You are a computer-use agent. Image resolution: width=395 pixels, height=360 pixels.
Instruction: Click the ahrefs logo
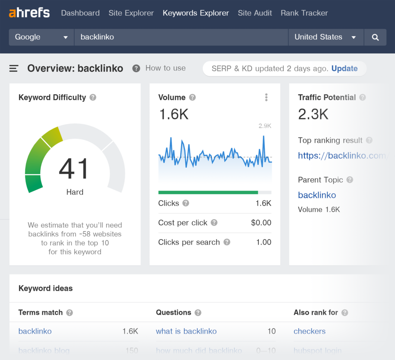coord(29,13)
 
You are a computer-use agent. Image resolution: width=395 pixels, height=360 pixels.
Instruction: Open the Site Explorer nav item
coord(131,13)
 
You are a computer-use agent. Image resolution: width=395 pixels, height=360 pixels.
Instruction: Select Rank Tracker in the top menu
coord(304,13)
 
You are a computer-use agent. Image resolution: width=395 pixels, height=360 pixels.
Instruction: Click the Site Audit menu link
coord(255,13)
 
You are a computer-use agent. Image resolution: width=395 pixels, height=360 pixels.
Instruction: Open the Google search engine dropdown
coord(41,37)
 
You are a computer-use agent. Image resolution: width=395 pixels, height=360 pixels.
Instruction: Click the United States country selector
coord(325,37)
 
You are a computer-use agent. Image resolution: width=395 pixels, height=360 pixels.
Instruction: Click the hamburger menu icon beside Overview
coord(14,68)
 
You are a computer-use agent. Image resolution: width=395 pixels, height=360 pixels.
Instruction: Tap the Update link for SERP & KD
coord(344,68)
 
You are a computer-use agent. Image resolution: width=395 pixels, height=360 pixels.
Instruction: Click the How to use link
coord(165,68)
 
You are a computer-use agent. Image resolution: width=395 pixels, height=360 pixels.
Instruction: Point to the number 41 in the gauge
coord(74,169)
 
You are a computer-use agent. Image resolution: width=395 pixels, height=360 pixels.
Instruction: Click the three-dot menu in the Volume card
coord(266,97)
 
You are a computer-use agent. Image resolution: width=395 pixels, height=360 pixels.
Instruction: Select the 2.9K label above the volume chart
coord(265,126)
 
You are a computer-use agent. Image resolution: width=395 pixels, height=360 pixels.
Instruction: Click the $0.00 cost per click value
coord(261,223)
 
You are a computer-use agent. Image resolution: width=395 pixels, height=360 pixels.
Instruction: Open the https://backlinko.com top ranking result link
coord(342,156)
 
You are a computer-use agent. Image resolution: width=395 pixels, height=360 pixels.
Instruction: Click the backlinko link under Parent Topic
coord(317,195)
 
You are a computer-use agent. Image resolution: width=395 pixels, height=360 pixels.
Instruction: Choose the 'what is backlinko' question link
coord(186,331)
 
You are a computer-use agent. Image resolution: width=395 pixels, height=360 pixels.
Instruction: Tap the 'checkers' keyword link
coord(309,331)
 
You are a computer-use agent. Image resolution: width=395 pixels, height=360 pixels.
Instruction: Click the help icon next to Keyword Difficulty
coord(93,98)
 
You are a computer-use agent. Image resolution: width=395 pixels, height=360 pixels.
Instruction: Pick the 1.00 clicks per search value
coord(263,242)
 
